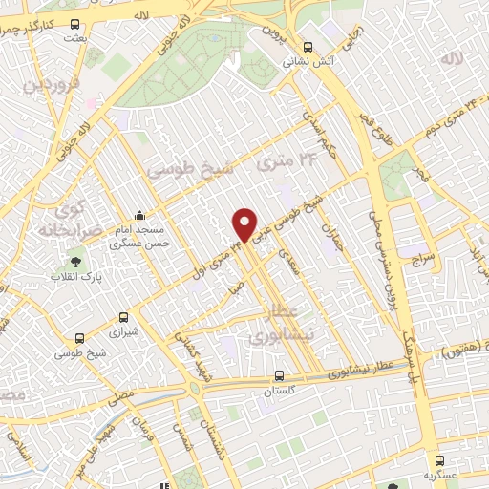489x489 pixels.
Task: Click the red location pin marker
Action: pyautogui.click(x=245, y=224)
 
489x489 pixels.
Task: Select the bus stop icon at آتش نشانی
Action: pyautogui.click(x=307, y=46)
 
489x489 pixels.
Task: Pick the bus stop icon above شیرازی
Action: pyautogui.click(x=123, y=317)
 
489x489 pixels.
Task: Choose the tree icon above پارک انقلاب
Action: pyautogui.click(x=74, y=257)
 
